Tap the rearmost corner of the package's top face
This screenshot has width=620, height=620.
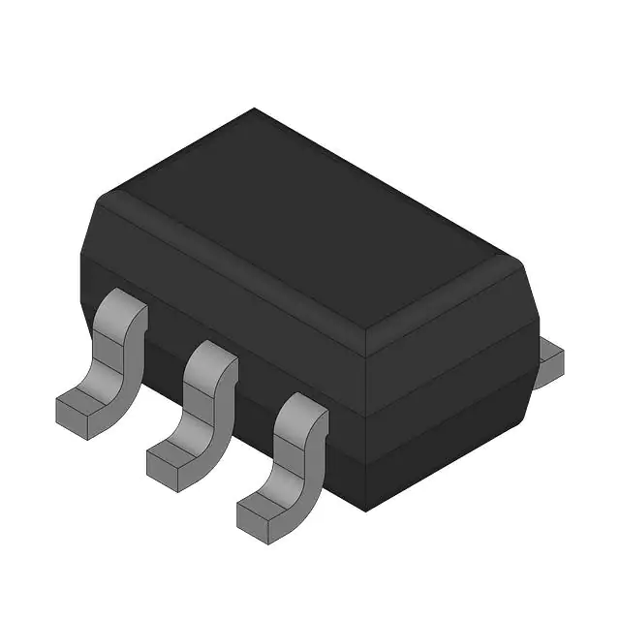pyautogui.click(x=254, y=110)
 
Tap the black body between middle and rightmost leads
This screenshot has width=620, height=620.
pyautogui.click(x=254, y=387)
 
